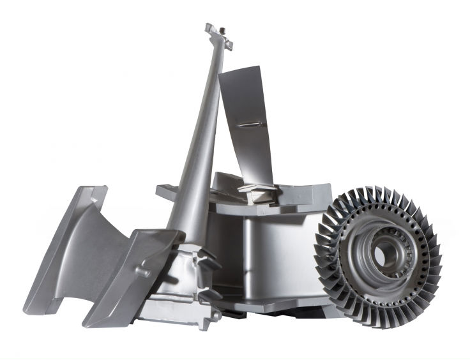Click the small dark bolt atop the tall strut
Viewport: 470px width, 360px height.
pyautogui.click(x=219, y=30)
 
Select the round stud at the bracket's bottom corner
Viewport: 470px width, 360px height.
pyautogui.click(x=218, y=314)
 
